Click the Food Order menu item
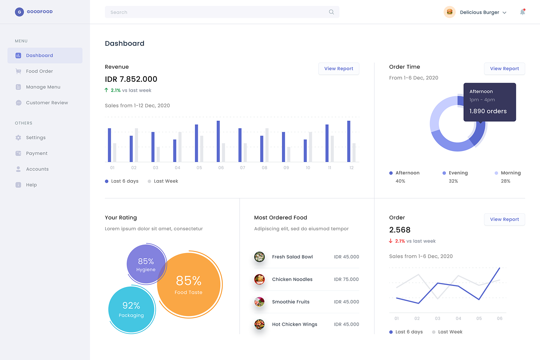pyautogui.click(x=39, y=71)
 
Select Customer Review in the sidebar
pyautogui.click(x=47, y=103)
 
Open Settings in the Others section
pyautogui.click(x=36, y=137)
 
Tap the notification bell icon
pyautogui.click(x=523, y=12)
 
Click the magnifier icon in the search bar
pyautogui.click(x=331, y=12)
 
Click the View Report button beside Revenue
pyautogui.click(x=339, y=69)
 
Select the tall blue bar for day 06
pyautogui.click(x=218, y=141)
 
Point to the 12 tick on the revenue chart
pyautogui.click(x=351, y=168)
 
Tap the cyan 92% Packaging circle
pyautogui.click(x=131, y=310)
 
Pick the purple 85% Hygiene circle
pyautogui.click(x=145, y=265)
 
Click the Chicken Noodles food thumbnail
pyautogui.click(x=259, y=279)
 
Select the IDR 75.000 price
pyautogui.click(x=346, y=279)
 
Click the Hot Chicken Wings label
pyautogui.click(x=294, y=324)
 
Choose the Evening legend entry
pyautogui.click(x=458, y=173)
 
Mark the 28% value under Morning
pyautogui.click(x=505, y=181)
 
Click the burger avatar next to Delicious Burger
pyautogui.click(x=450, y=12)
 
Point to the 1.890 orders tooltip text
pyautogui.click(x=488, y=111)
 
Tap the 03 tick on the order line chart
pyautogui.click(x=437, y=318)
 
